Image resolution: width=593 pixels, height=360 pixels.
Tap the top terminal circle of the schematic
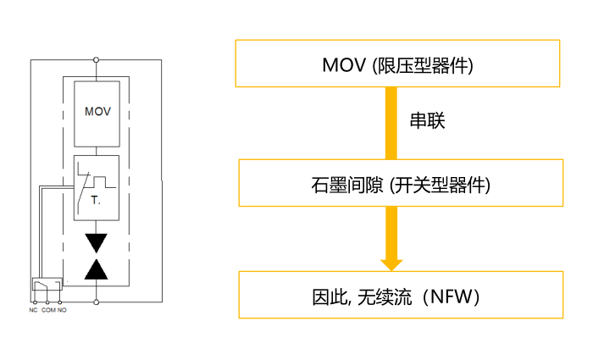click(x=97, y=59)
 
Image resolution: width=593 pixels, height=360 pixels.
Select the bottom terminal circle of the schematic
click(x=97, y=302)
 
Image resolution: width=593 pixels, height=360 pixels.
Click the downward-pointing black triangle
click(x=97, y=242)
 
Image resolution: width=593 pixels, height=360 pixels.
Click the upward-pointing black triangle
click(x=97, y=269)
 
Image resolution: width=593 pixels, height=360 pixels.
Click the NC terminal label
click(x=34, y=311)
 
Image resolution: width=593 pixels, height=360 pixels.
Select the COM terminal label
click(x=48, y=311)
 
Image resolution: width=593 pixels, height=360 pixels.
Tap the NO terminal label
click(x=62, y=311)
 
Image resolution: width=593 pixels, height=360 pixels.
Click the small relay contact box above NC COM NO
click(x=46, y=285)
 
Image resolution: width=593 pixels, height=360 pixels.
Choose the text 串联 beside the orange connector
click(x=428, y=121)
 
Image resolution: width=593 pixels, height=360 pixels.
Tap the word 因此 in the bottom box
click(x=325, y=296)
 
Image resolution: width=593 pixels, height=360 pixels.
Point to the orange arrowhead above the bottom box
click(x=391, y=263)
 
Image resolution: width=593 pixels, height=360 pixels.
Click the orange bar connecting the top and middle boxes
click(x=391, y=123)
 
